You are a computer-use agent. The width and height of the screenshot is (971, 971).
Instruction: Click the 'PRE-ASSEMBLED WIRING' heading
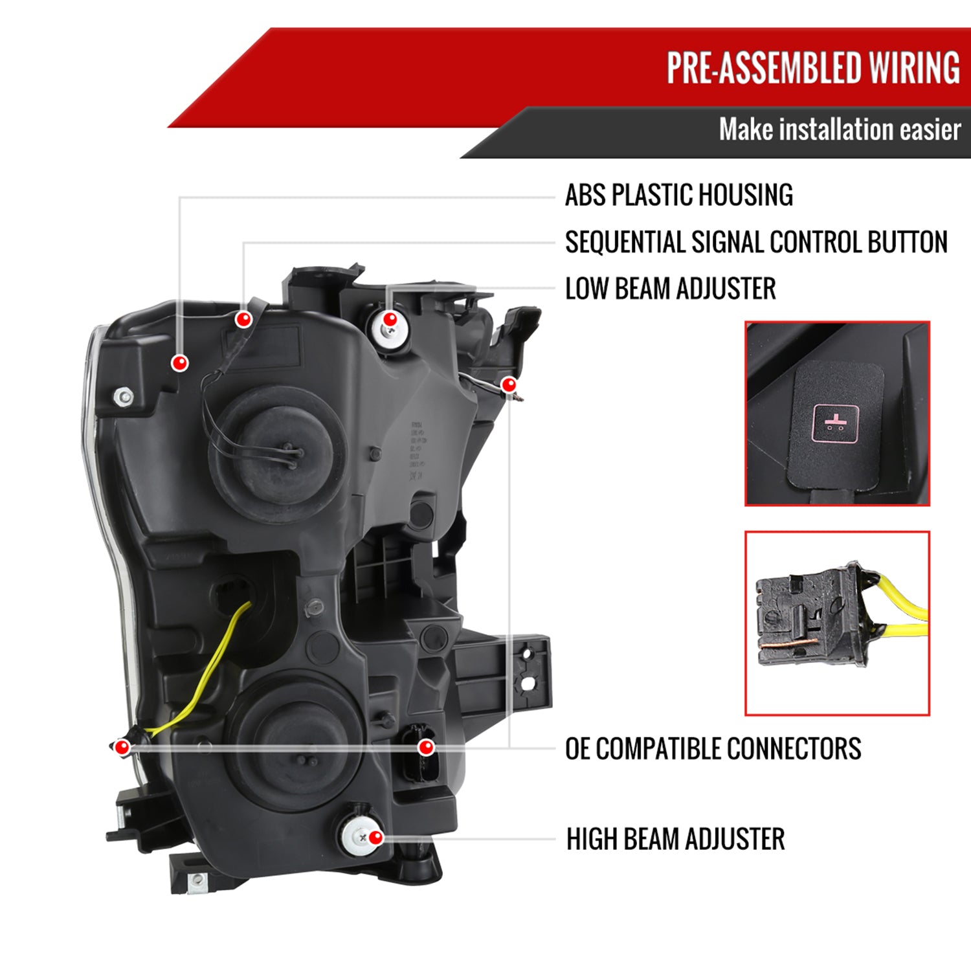pos(813,68)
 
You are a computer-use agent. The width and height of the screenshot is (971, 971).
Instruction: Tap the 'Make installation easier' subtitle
pos(840,130)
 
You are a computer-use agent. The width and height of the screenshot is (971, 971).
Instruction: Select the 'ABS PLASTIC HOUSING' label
pos(678,195)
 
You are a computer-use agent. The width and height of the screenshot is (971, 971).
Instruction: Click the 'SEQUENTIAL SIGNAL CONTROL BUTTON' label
pos(756,243)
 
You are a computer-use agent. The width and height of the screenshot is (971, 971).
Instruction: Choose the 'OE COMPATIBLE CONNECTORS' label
pos(713,749)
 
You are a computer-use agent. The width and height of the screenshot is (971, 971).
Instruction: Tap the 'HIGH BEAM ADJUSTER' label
pos(675,840)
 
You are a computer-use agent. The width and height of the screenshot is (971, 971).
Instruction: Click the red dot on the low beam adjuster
pos(390,319)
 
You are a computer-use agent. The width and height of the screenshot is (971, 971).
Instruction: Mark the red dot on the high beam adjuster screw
pos(375,838)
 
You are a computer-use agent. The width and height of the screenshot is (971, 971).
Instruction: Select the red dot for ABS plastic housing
pos(180,363)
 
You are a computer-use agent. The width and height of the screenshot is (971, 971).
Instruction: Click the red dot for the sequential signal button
pos(243,318)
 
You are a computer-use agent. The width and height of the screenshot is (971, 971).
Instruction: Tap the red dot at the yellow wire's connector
pos(122,748)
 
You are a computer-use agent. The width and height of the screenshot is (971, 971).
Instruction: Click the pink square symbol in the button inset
pos(835,425)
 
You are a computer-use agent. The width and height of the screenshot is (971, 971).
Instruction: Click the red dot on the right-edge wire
pos(509,385)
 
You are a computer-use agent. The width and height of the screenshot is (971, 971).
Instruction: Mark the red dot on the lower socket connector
pos(425,748)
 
